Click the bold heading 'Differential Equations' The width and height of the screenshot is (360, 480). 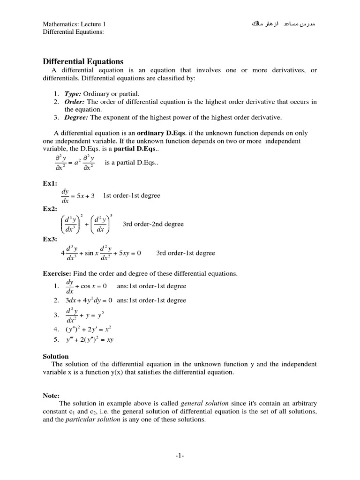click(x=83, y=61)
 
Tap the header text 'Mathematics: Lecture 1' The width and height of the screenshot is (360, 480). click(x=77, y=24)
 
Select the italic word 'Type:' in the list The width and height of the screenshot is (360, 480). click(x=73, y=94)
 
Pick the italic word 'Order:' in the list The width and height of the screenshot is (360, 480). click(x=75, y=102)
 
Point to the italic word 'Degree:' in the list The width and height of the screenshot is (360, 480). click(x=76, y=117)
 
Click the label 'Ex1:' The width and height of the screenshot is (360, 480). click(x=50, y=184)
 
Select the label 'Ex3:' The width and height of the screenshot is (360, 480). click(x=50, y=239)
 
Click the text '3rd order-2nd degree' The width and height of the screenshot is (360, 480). click(x=153, y=224)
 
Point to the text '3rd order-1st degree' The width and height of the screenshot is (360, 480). click(x=186, y=253)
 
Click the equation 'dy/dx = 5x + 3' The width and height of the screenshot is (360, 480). click(x=78, y=196)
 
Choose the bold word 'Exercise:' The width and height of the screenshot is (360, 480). click(x=57, y=273)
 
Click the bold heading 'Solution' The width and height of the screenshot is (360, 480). click(x=56, y=356)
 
